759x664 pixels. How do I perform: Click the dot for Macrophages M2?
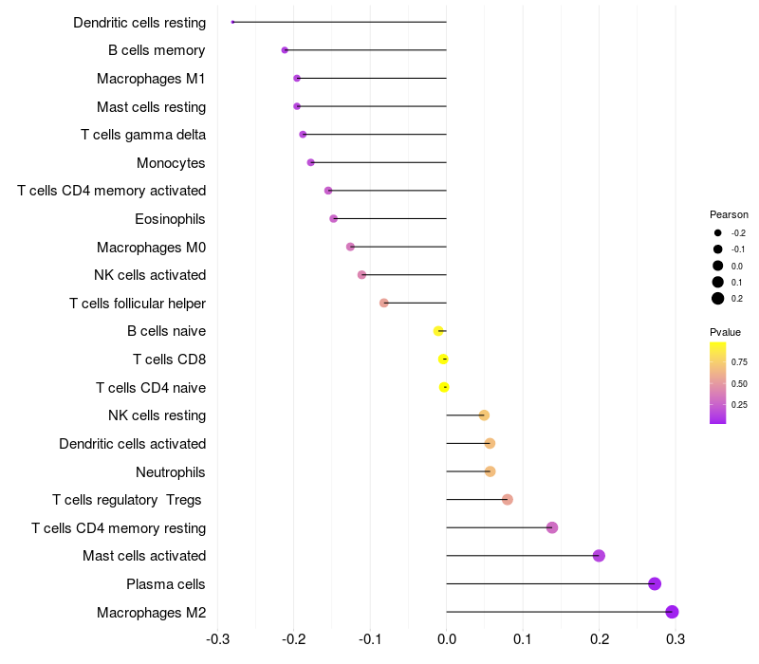pos(672,612)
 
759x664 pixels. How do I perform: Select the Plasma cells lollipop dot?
pos(655,583)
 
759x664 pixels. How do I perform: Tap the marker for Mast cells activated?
pos(599,556)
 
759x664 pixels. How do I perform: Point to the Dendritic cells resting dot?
pos(232,22)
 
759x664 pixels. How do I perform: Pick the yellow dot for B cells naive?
pos(437,331)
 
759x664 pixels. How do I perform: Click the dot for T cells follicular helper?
pos(384,303)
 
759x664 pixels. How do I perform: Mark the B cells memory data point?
pos(285,50)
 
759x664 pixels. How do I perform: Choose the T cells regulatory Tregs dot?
pos(508,500)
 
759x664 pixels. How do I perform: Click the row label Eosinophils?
pos(170,219)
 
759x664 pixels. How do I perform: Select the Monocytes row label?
pos(171,163)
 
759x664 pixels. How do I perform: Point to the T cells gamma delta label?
pos(143,135)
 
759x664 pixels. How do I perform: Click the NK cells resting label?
pos(157,415)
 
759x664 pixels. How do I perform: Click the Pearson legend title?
pos(729,214)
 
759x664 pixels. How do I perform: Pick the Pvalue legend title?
pos(725,332)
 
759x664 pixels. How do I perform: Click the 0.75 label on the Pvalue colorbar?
pos(739,361)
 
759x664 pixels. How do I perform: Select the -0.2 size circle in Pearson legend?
pos(718,232)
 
